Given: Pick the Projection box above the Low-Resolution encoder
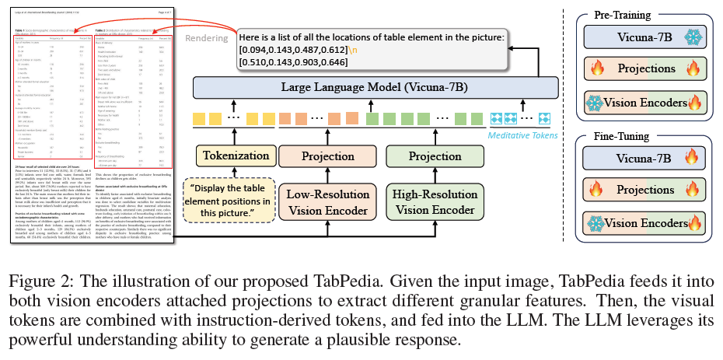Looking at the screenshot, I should tap(327, 156).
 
